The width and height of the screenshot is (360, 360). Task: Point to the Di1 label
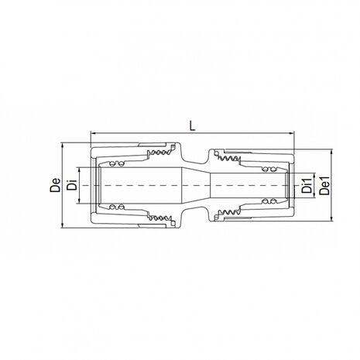click(307, 186)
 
